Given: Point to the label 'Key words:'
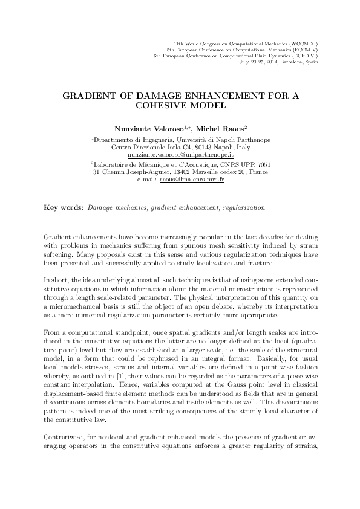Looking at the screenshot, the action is (x=65, y=207).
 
